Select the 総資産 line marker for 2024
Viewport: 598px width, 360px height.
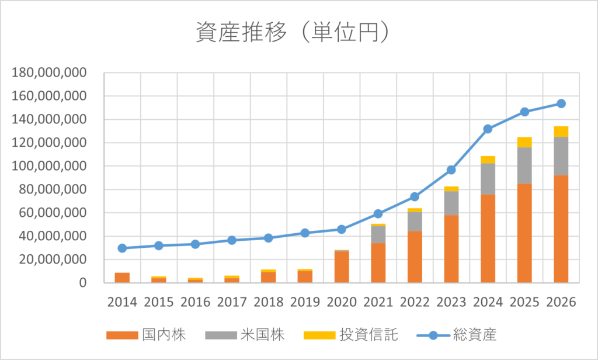coord(488,129)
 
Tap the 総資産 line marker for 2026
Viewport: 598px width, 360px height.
coord(561,103)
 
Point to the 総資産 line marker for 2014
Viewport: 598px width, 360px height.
coord(122,248)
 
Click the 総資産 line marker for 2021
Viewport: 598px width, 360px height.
coord(378,214)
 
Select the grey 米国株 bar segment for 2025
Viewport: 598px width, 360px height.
coord(524,165)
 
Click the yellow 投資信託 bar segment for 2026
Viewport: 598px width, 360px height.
coord(561,131)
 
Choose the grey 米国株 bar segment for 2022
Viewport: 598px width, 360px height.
coord(415,221)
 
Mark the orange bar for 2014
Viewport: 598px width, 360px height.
coord(122,278)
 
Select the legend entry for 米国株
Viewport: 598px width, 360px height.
coord(245,335)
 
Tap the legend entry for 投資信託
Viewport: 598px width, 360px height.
coord(350,335)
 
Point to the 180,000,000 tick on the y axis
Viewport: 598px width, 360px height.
coord(49,73)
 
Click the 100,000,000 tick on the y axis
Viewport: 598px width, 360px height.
coord(49,167)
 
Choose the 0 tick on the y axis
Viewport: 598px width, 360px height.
coord(82,283)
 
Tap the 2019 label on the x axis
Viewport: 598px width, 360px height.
coord(305,302)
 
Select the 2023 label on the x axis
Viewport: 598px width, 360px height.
coord(451,302)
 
